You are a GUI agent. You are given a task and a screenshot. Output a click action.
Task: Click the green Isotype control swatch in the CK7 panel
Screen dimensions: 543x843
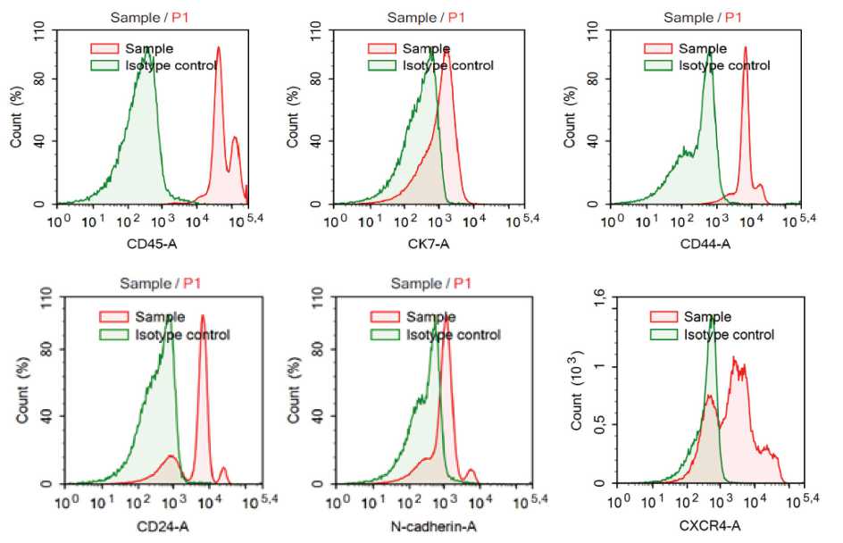[x=383, y=65]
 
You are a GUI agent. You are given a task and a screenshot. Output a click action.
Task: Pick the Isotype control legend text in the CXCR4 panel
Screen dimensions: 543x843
[x=729, y=335]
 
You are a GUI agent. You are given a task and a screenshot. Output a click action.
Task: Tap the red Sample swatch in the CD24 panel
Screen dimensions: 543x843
[x=113, y=317]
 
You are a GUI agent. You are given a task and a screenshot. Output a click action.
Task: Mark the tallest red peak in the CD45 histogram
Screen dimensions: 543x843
[x=218, y=49]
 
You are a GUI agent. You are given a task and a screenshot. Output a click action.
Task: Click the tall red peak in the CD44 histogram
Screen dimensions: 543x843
[x=745, y=49]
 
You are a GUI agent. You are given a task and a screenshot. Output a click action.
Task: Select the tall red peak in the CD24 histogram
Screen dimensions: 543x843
[x=203, y=316]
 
